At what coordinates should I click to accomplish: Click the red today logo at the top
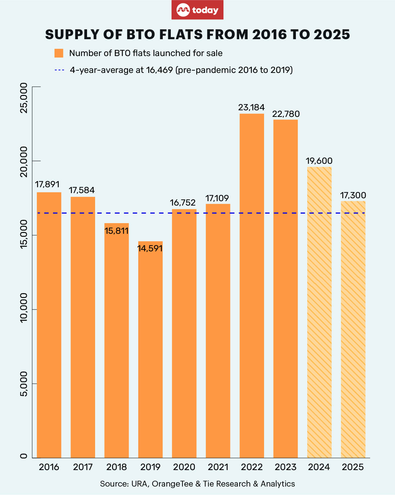pyautogui.click(x=197, y=10)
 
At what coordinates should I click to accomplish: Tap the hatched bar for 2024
pyautogui.click(x=319, y=311)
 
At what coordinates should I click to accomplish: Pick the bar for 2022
pyautogui.click(x=252, y=286)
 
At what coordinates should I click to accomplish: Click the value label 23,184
pyautogui.click(x=251, y=107)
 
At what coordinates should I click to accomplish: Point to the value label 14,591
pyautogui.click(x=150, y=248)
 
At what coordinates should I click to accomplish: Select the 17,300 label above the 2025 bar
pyautogui.click(x=353, y=195)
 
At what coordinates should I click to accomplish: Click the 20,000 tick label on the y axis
pyautogui.click(x=24, y=161)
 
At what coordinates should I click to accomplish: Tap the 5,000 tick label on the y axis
pyautogui.click(x=24, y=384)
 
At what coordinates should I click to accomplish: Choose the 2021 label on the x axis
pyautogui.click(x=218, y=467)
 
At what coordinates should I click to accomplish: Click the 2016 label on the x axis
pyautogui.click(x=49, y=467)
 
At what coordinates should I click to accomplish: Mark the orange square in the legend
pyautogui.click(x=59, y=53)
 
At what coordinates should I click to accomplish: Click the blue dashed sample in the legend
pyautogui.click(x=59, y=70)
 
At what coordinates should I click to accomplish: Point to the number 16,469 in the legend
pyautogui.click(x=159, y=70)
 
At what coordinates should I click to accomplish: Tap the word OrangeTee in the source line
pyautogui.click(x=172, y=484)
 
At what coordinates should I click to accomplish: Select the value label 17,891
pyautogui.click(x=47, y=184)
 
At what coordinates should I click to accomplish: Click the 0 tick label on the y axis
pyautogui.click(x=24, y=456)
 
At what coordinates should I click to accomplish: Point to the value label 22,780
pyautogui.click(x=286, y=114)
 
